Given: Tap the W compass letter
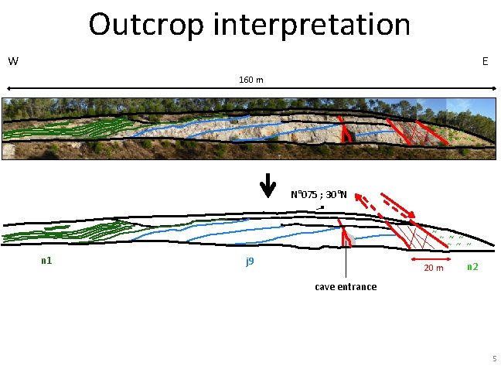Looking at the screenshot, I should tap(13, 61).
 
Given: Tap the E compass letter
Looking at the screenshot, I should tap(485, 61).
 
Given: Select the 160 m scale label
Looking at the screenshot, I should tap(250, 80).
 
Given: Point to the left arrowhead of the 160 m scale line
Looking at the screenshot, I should tap(8, 91).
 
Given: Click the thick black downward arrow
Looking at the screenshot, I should tap(267, 186).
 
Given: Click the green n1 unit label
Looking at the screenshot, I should tap(46, 261).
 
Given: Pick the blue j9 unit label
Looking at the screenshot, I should tap(250, 261).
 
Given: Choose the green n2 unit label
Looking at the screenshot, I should tap(472, 267).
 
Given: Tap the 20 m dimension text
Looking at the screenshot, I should tap(433, 268).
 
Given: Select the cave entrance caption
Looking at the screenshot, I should tap(346, 287).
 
